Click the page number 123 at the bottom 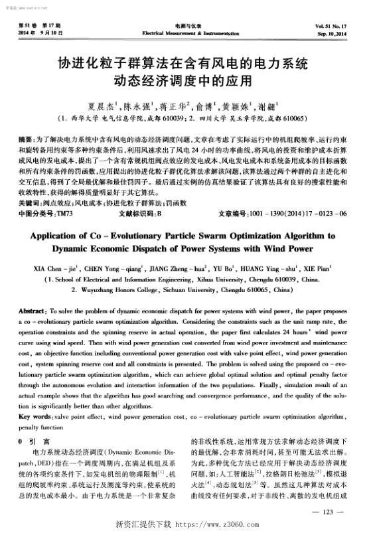coord(331,511)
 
